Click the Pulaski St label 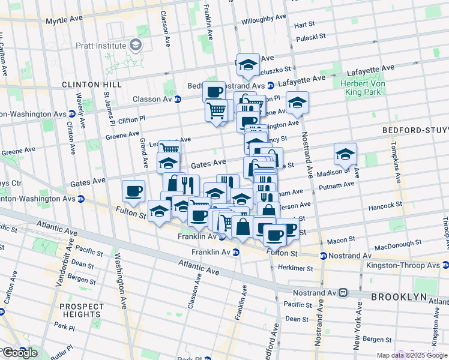click(x=311, y=36)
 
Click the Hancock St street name click(x=385, y=205)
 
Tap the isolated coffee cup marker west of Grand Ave click(x=133, y=191)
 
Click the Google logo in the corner click(x=19, y=353)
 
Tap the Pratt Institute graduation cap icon click(x=136, y=46)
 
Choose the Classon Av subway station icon click(x=178, y=99)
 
